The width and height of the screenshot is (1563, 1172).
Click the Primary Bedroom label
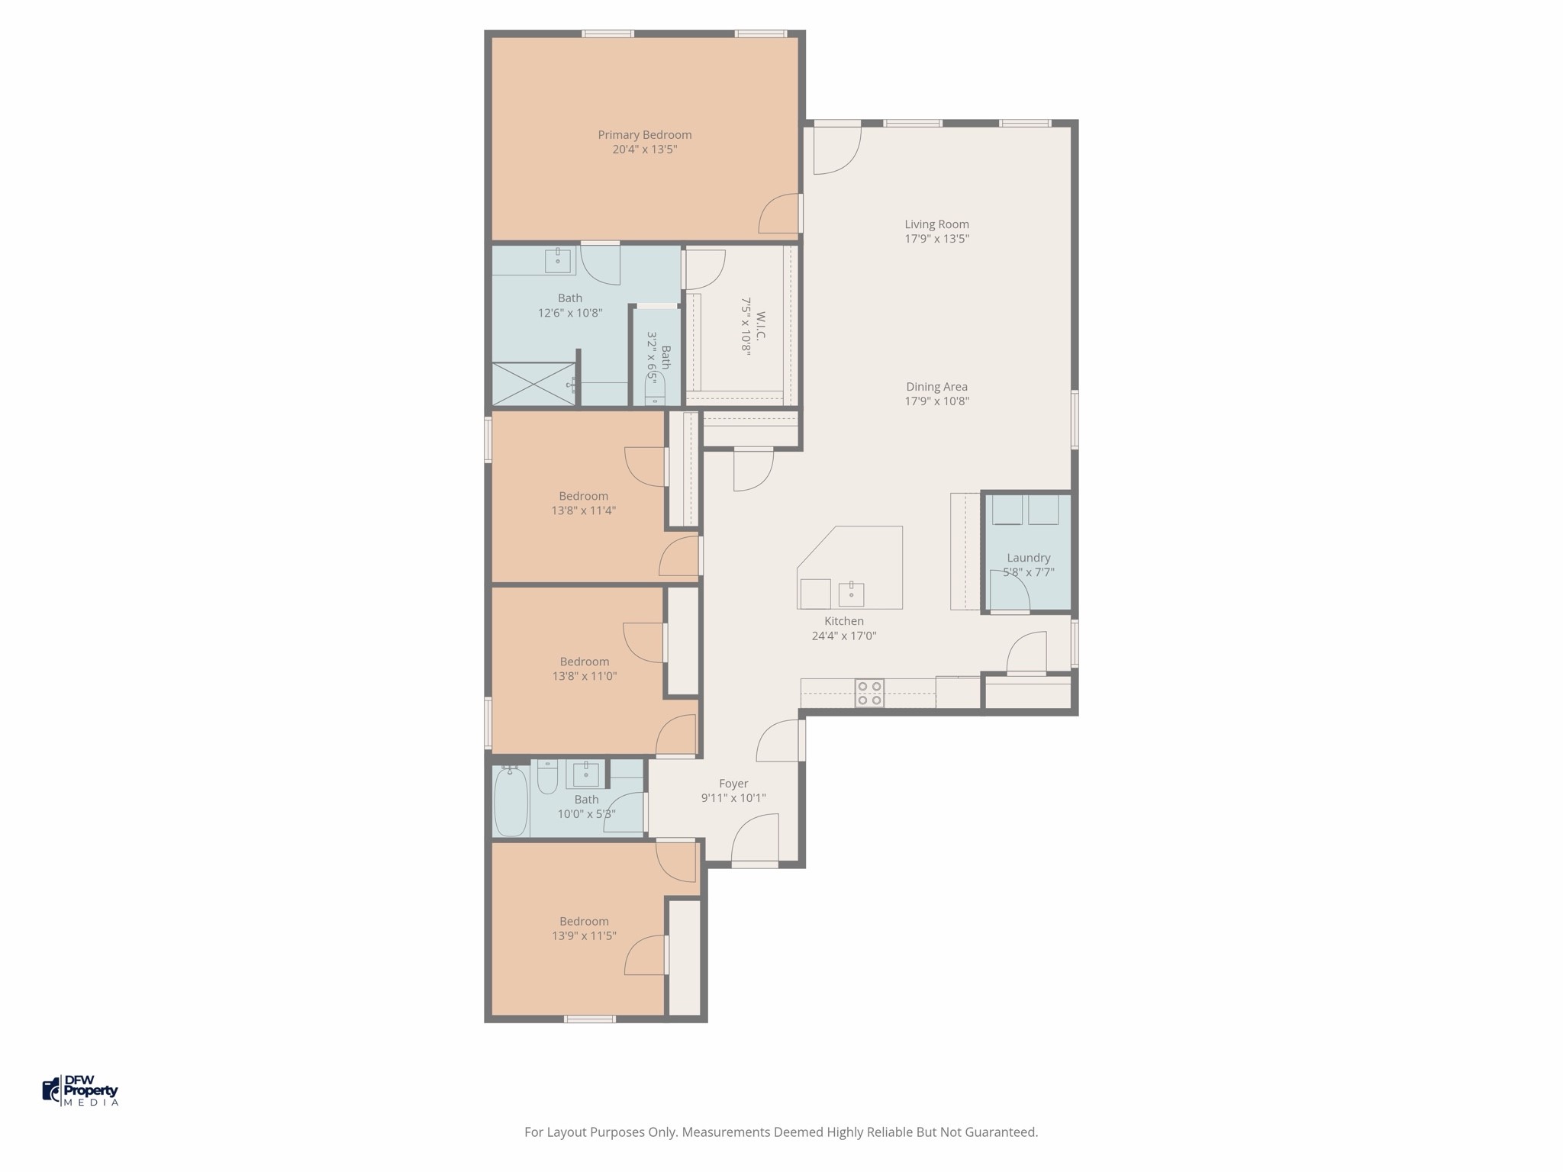point(645,135)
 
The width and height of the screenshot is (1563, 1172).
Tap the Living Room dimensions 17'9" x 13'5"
point(936,239)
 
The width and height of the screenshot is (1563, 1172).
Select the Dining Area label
point(936,387)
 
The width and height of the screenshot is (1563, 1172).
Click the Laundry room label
point(1028,558)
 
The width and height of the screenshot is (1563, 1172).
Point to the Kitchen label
point(844,621)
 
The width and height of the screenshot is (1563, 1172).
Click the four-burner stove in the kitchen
point(869,693)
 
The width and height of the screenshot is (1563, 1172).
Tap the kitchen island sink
point(851,592)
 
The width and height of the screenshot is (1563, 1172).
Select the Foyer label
point(733,784)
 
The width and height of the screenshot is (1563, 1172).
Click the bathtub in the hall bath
point(511,801)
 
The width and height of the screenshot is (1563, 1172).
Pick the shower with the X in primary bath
point(534,384)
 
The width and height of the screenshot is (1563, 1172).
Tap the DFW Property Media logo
point(80,1090)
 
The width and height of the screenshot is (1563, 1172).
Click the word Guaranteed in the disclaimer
point(1001,1132)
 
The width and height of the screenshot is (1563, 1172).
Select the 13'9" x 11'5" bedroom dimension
point(584,935)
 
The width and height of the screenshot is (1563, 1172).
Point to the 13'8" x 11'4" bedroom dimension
point(584,510)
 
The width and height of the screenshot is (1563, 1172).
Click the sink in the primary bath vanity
point(558,260)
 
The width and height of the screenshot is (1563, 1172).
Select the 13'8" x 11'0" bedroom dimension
point(584,676)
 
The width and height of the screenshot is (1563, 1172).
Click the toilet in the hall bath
point(547,777)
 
